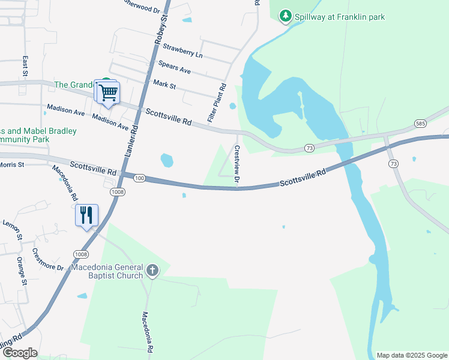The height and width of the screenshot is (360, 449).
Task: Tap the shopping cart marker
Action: click(x=108, y=93)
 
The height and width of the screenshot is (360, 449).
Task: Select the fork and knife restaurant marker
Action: click(x=86, y=215)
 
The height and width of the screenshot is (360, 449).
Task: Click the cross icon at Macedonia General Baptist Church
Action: click(x=152, y=271)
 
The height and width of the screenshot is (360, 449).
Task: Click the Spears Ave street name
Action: click(x=174, y=67)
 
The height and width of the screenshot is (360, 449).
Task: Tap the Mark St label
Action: click(x=164, y=84)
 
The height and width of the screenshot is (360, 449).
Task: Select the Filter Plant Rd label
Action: click(x=217, y=103)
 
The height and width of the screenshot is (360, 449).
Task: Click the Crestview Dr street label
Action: click(x=237, y=164)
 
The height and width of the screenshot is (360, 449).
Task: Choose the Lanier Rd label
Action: click(x=131, y=140)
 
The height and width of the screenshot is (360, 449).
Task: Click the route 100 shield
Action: click(x=139, y=178)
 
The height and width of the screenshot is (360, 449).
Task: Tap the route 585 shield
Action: click(x=421, y=123)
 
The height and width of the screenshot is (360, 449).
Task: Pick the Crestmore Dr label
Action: click(x=48, y=259)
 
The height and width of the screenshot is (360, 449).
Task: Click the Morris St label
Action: click(x=11, y=164)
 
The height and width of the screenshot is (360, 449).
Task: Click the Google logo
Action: click(x=20, y=353)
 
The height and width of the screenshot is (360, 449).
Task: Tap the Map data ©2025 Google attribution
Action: click(x=411, y=355)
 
